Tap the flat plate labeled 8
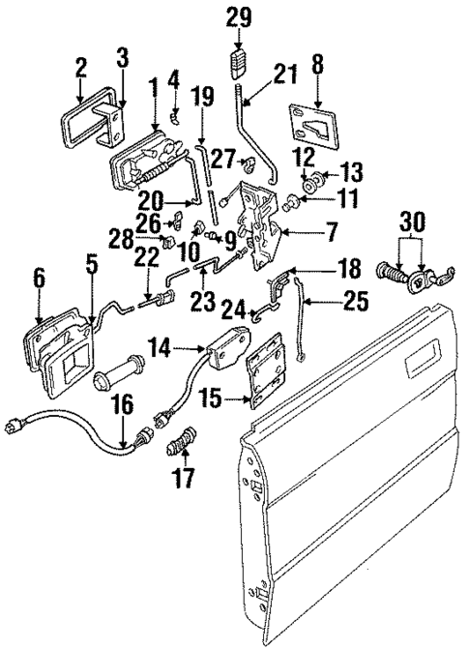pos(313,126)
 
